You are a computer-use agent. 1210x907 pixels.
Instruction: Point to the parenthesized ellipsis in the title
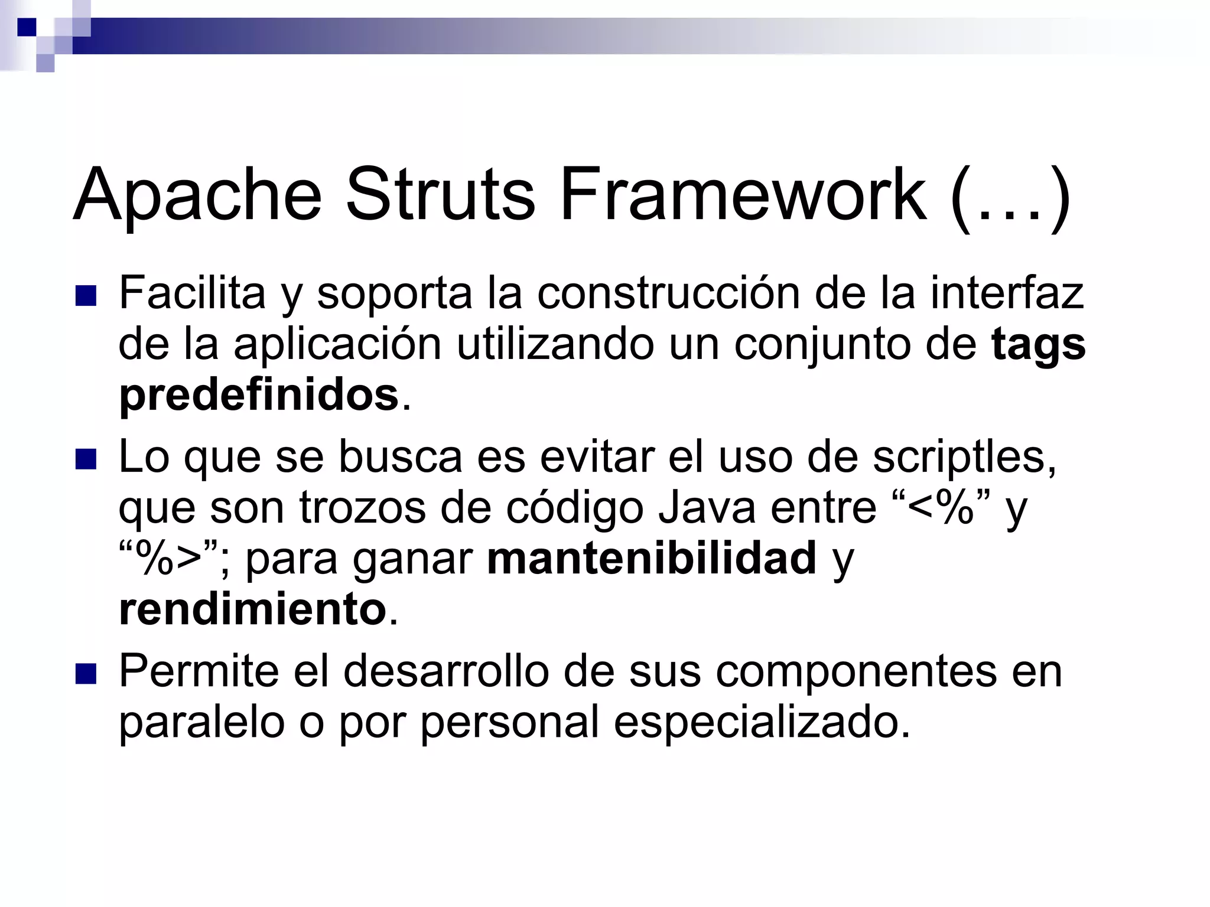click(x=1010, y=197)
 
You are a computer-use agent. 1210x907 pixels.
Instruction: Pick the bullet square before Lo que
click(x=86, y=459)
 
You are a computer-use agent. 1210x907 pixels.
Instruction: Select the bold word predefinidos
click(x=259, y=396)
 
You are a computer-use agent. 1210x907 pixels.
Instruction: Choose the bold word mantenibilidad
click(x=652, y=559)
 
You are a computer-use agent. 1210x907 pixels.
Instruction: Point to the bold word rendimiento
click(x=253, y=609)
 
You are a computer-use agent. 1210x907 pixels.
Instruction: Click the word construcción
click(x=668, y=293)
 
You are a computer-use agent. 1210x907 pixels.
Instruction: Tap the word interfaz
click(x=1007, y=293)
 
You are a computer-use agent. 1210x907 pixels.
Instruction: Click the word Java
click(x=707, y=508)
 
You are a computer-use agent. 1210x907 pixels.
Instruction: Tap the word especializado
click(x=762, y=723)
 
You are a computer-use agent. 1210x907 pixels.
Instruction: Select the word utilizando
click(x=555, y=345)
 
